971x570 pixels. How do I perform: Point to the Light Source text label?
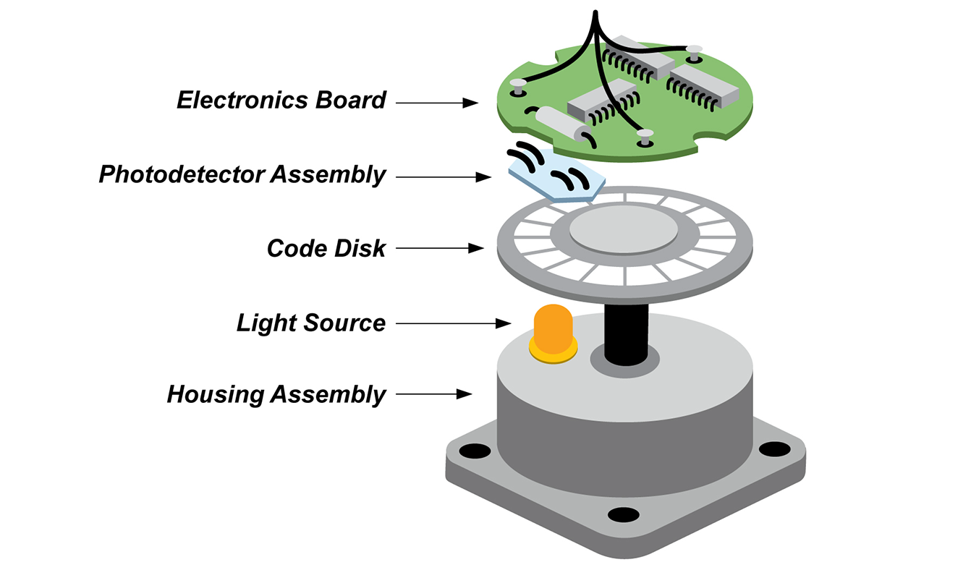click(310, 323)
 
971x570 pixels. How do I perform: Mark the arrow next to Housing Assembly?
click(433, 395)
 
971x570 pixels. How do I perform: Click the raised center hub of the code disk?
click(624, 231)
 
